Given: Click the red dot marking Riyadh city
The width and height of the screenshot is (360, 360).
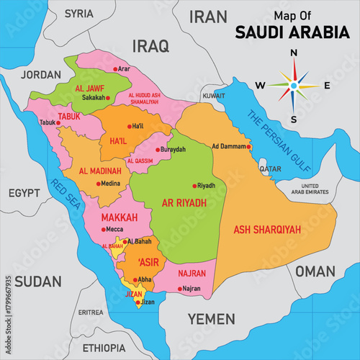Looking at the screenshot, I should (x=193, y=185).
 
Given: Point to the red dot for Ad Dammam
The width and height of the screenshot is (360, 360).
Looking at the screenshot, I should (x=248, y=147).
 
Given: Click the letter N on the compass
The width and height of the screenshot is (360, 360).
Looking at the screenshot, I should (x=293, y=53).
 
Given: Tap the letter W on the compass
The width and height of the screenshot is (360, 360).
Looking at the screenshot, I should (x=260, y=86).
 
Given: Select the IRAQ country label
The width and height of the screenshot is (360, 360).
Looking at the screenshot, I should (x=150, y=47).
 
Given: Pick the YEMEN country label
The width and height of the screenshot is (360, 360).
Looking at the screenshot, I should (x=211, y=318).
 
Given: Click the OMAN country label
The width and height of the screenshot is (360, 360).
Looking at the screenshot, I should (x=315, y=271).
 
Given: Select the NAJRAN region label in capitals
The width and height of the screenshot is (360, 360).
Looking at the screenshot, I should (x=191, y=274).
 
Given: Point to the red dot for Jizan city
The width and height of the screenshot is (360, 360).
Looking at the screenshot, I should (x=138, y=303).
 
